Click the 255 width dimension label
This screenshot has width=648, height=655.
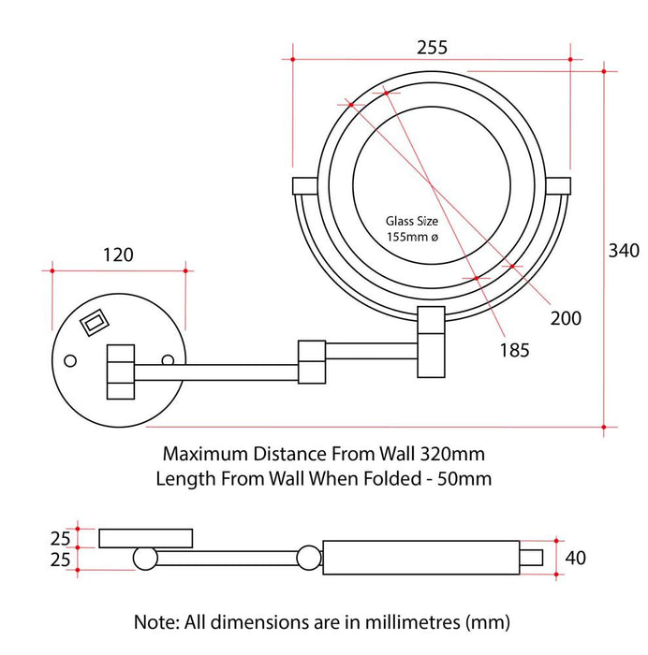[432, 48]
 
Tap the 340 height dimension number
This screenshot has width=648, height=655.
[624, 251]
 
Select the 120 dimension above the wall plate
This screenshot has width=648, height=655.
[118, 255]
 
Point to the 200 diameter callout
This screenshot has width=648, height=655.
[566, 318]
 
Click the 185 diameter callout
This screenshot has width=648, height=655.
[514, 350]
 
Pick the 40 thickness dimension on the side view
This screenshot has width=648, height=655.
[575, 558]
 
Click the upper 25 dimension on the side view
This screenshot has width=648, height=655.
[60, 539]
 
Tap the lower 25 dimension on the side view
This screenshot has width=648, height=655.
[60, 560]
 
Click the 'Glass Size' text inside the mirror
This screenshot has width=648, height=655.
[411, 221]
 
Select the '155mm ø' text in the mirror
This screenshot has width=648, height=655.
[412, 237]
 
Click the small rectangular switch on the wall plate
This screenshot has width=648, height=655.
[95, 322]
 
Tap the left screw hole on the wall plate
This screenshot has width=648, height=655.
[70, 360]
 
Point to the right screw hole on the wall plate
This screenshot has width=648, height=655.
[168, 360]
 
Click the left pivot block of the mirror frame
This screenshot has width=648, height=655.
[304, 186]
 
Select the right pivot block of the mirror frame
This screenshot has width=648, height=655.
[558, 186]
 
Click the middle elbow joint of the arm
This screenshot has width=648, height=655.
[312, 362]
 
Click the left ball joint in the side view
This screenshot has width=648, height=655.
[145, 558]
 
